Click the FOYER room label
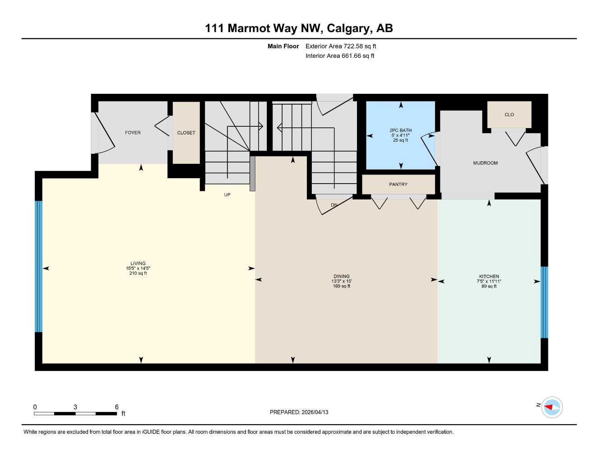(x=133, y=133)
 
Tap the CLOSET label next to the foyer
(x=186, y=133)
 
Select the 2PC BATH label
(x=400, y=130)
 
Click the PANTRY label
(x=398, y=185)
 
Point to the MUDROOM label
(x=485, y=163)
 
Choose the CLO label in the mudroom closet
(x=509, y=115)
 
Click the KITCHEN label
(x=489, y=277)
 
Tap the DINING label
(x=342, y=277)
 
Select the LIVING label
(x=138, y=263)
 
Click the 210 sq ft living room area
(x=138, y=273)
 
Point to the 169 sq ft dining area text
(x=342, y=286)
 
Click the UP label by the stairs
(x=227, y=195)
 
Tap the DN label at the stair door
(x=334, y=205)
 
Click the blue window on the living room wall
(x=39, y=266)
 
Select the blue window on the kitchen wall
(x=544, y=302)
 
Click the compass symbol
(x=552, y=407)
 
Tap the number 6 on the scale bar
(x=116, y=407)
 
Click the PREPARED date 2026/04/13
(x=315, y=412)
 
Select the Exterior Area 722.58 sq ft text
(x=341, y=46)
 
